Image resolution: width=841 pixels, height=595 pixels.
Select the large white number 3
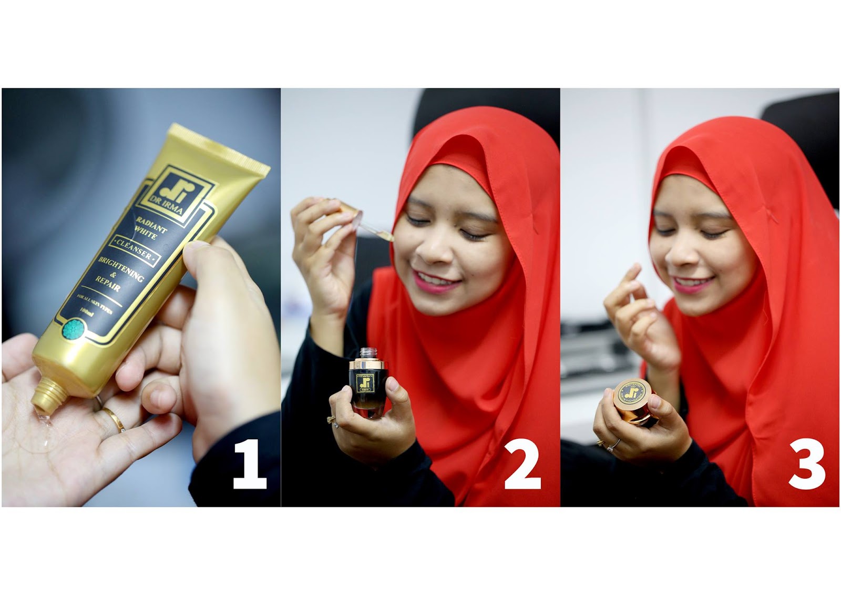[x=806, y=465]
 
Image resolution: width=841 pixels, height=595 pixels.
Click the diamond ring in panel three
[x=613, y=448]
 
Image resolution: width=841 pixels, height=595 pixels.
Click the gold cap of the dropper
[x=348, y=208]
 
